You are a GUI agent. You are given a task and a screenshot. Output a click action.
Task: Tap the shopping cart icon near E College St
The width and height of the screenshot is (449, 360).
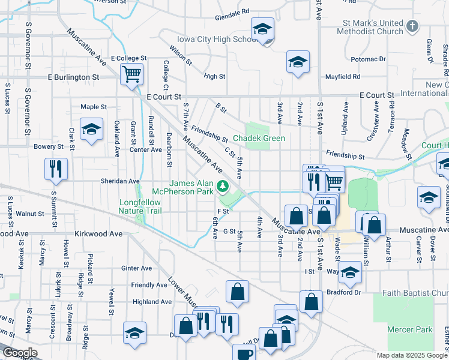click(131, 74)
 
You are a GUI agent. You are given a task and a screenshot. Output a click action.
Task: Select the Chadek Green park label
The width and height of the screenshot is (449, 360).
click(259, 138)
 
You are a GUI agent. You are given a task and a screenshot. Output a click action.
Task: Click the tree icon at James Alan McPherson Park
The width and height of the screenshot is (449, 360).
click(223, 187)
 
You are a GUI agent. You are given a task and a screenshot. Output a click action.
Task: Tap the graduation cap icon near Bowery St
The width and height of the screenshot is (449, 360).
click(91, 130)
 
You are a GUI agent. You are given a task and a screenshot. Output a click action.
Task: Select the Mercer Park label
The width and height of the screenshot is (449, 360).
click(410, 329)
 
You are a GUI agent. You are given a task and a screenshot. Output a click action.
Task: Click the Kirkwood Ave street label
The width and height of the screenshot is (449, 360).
click(98, 233)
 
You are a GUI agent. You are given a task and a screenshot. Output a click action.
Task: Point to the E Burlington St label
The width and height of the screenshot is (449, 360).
click(74, 77)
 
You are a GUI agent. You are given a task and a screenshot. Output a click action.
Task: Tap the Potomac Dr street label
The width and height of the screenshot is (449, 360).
click(368, 59)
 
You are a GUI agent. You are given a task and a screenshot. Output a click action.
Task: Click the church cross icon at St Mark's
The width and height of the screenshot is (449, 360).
click(412, 26)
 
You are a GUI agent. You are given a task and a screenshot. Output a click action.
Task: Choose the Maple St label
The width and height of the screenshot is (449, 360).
click(94, 107)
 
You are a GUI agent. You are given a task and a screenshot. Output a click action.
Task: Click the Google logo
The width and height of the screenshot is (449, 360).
click(20, 353)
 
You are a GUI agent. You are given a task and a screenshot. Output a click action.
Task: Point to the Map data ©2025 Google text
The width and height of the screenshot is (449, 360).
click(411, 355)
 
